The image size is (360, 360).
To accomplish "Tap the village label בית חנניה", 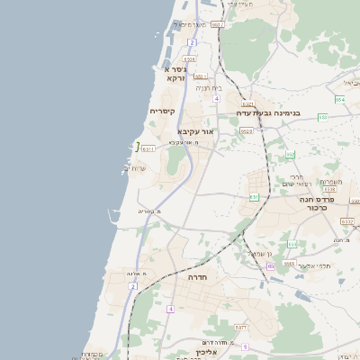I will pyautogui.click(x=208, y=88).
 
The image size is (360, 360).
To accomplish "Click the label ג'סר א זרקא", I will pyautogui.click(x=175, y=73).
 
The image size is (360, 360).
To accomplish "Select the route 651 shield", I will pyautogui.click(x=255, y=196).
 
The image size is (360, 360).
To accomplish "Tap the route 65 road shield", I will pyautogui.click(x=271, y=266).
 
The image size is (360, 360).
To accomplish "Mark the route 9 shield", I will pyautogui.click(x=244, y=346).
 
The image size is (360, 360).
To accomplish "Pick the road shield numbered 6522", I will pyautogui.click(x=246, y=131).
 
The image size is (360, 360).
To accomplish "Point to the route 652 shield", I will pyautogui.click(x=291, y=154).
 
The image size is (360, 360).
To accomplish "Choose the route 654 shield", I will pyautogui.click(x=339, y=100).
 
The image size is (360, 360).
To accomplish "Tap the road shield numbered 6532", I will pyautogui.click(x=347, y=220).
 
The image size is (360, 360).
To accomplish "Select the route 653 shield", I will pyautogui.click(x=292, y=244).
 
